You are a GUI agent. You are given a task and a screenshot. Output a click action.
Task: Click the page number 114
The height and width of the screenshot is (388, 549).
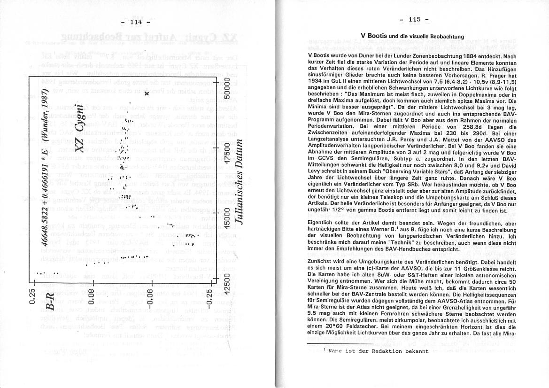[x=135, y=22]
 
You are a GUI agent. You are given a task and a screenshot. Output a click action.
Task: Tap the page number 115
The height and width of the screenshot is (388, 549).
[x=414, y=19]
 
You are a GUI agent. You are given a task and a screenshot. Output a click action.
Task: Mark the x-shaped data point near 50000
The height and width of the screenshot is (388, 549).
[x=147, y=94]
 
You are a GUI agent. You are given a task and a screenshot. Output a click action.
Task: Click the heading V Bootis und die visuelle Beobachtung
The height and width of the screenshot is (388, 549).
[x=412, y=36]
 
